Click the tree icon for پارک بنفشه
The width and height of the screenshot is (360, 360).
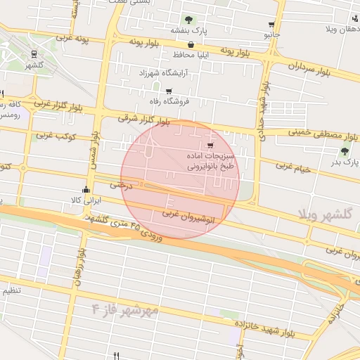pos(188,20)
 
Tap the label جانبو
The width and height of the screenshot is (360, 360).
pos(271,34)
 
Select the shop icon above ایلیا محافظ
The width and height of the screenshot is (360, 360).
pos(191,44)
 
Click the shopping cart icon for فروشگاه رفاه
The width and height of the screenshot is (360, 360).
pos(168,91)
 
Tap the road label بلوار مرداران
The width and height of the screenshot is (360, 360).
pos(309,70)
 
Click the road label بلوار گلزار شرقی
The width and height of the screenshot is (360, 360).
pos(144,120)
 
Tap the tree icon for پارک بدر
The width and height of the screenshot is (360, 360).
pos(345,150)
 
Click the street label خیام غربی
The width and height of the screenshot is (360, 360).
pos(292,166)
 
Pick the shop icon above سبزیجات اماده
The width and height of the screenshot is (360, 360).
pos(210,146)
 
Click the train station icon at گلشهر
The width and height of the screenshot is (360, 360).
pos(34,54)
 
